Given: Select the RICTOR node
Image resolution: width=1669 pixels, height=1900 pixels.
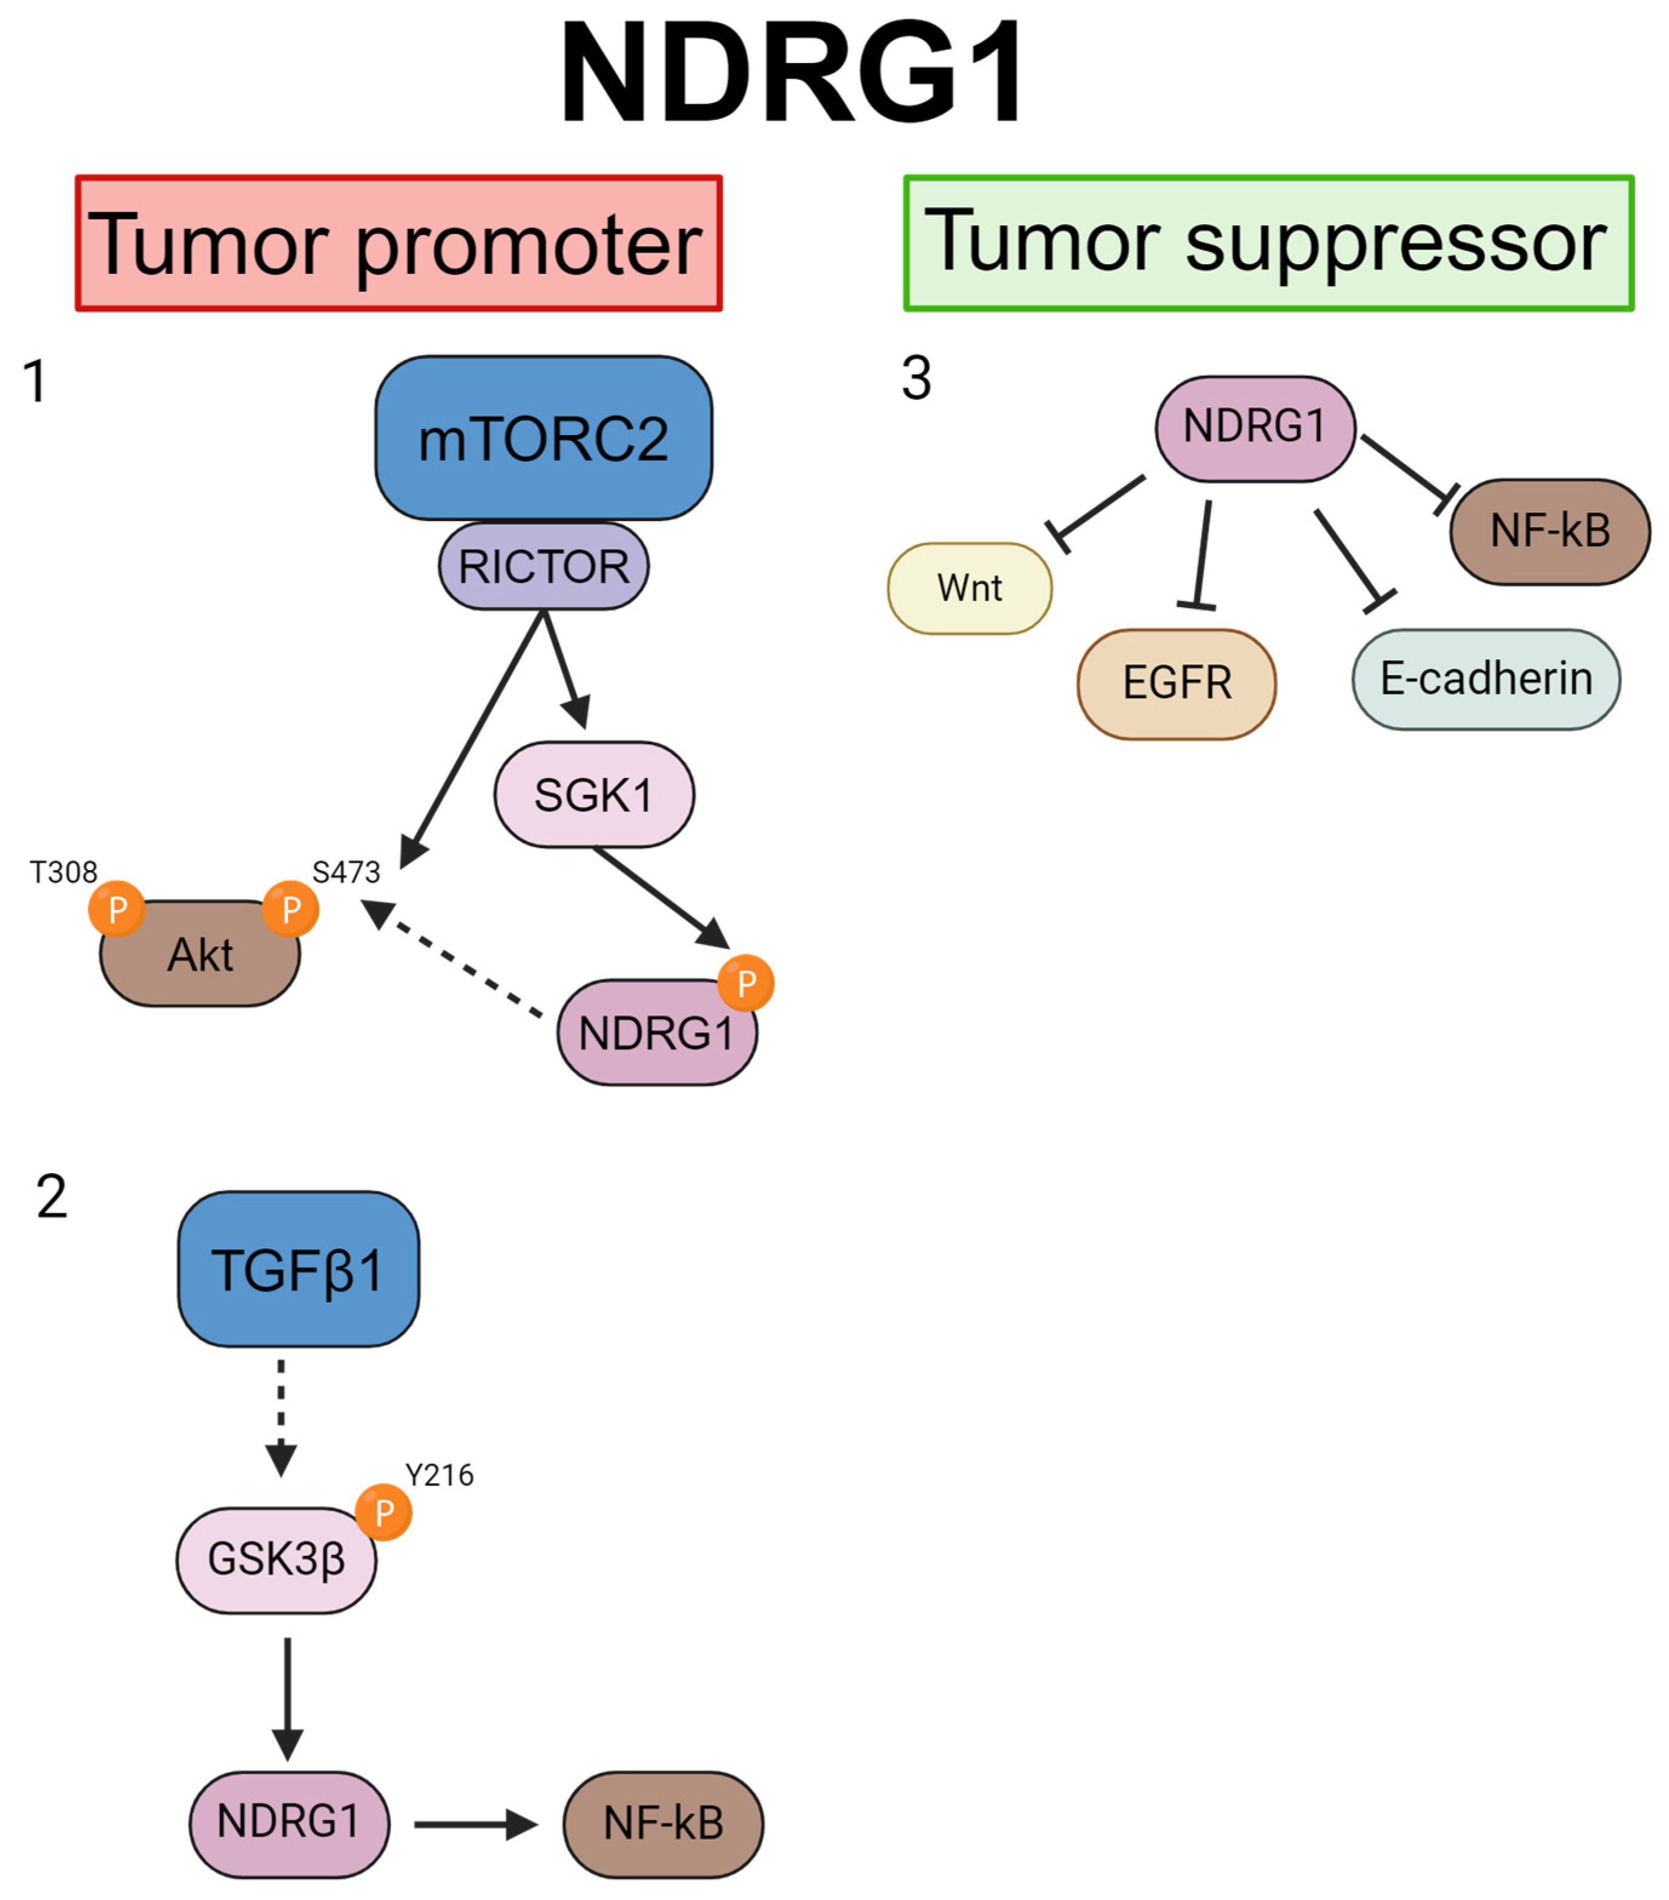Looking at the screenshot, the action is point(544,566).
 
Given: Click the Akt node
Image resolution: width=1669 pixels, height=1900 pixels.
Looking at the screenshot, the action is point(200,953).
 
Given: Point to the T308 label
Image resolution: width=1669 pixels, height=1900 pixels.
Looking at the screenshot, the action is point(63,872).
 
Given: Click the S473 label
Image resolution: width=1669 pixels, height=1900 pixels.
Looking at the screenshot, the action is point(346,872).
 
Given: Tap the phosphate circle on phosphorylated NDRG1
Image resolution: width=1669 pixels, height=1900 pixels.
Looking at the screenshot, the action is point(746,983).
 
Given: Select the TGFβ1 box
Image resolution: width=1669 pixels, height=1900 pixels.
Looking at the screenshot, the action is point(299,1269).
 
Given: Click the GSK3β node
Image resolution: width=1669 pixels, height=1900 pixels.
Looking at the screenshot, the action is point(276,1560).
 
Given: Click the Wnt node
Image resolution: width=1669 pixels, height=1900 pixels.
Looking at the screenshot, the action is point(970,588).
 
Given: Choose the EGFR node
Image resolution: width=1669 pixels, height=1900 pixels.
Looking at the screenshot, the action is point(1177,684).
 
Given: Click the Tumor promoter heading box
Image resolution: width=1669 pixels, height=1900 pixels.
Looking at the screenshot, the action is point(398,242).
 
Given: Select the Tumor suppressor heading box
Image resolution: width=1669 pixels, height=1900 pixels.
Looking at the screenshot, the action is point(1269,242).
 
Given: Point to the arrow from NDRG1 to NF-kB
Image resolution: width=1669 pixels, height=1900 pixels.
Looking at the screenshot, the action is point(476,1825).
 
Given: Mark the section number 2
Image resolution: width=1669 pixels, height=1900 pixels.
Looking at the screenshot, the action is point(52,1197).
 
